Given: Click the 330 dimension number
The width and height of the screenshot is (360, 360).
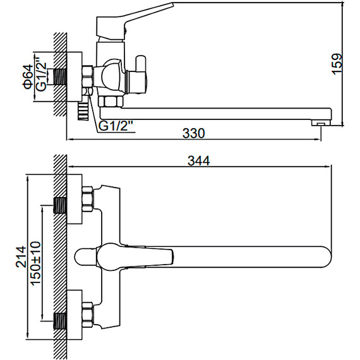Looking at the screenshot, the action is [193, 133].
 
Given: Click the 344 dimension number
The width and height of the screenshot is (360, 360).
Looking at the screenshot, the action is [198, 160].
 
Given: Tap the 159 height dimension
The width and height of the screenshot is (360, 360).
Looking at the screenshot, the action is [337, 64].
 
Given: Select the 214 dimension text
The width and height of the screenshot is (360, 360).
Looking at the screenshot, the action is [21, 256].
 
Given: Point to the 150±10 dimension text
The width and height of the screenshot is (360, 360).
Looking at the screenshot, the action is [35, 263].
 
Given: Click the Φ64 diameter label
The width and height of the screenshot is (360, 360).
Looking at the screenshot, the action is [28, 77].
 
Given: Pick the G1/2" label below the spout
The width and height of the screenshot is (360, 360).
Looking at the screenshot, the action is [116, 126].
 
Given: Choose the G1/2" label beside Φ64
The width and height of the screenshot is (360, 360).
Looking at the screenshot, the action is [41, 77].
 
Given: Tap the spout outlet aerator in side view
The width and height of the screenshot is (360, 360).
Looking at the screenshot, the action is [321, 124].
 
